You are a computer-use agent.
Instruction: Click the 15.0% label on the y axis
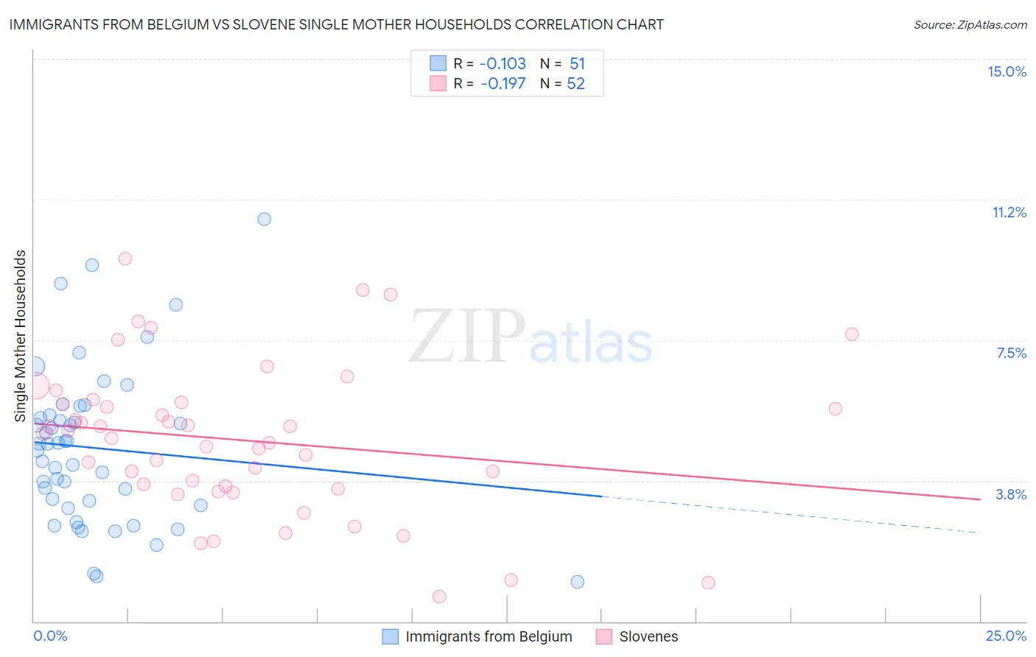point(1007,71)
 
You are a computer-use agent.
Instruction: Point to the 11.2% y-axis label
point(1009,212)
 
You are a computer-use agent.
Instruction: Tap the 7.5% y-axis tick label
point(1011,353)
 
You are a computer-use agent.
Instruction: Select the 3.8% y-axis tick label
point(1011,494)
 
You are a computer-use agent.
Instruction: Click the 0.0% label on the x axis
point(50,636)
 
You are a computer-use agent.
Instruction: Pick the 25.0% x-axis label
point(1006,636)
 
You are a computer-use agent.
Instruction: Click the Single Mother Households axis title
point(20,336)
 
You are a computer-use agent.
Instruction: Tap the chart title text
point(336,24)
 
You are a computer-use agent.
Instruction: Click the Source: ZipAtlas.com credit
point(970,24)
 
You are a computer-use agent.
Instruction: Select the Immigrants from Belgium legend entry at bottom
point(488,636)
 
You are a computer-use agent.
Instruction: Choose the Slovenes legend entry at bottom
point(648,636)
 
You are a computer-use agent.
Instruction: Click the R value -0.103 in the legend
point(503,64)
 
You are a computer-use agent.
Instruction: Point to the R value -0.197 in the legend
point(503,84)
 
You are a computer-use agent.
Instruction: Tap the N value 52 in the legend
point(575,84)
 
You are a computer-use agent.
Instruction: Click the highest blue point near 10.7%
point(264,219)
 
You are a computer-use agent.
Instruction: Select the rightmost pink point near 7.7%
point(852,334)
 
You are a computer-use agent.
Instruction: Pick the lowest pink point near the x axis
point(439,597)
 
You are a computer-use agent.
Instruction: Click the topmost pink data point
point(125,259)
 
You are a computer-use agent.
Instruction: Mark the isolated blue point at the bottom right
point(577,582)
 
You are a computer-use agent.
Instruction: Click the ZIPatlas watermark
point(531,337)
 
